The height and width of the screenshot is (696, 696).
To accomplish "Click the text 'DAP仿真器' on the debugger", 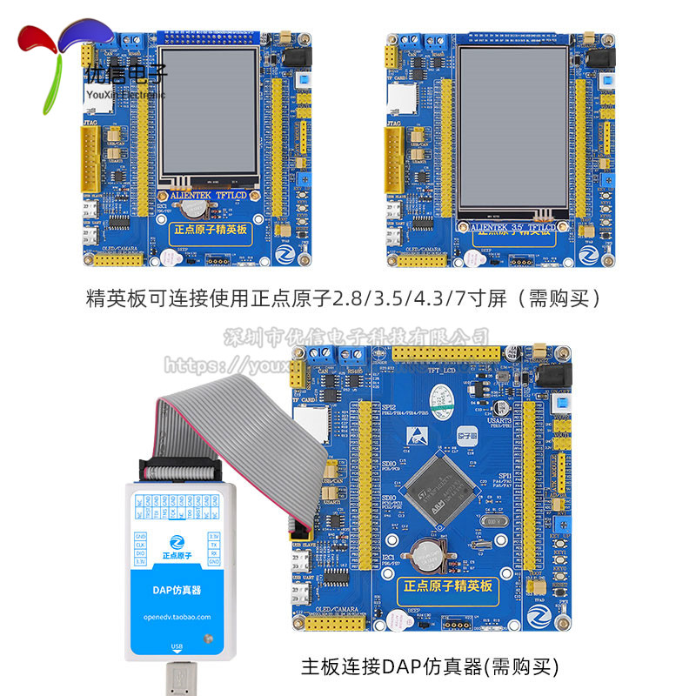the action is [x=177, y=590].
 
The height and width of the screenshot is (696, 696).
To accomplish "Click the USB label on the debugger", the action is [x=177, y=646].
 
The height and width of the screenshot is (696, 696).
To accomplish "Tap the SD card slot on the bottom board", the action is [x=308, y=425].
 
